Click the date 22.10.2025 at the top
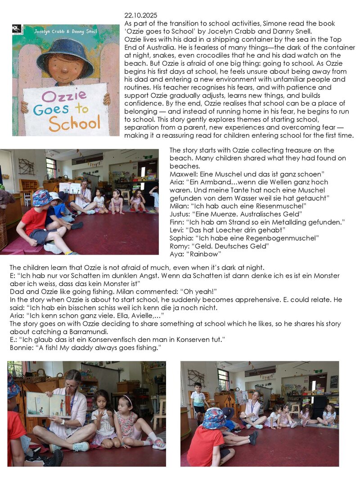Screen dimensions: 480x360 139,16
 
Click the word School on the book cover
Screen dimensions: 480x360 74,123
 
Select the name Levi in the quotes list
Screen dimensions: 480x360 177,229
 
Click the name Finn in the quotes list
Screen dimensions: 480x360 176,221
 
